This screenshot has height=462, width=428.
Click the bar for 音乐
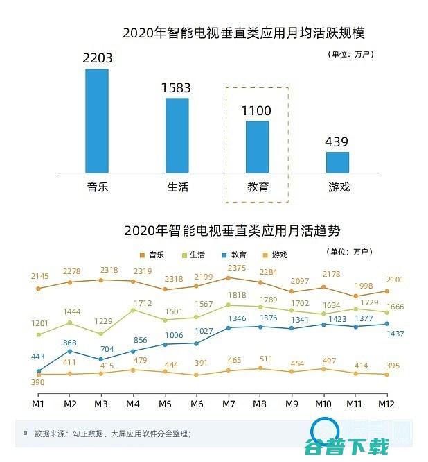tap(97, 120)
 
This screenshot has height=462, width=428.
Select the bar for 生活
tap(177, 135)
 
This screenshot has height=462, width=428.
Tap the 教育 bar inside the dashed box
tap(257, 146)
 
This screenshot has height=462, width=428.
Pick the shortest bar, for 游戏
tap(337, 162)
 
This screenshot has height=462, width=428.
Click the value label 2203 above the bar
tap(97, 58)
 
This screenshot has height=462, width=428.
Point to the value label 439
tap(337, 142)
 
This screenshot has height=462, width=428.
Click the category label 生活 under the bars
tap(177, 187)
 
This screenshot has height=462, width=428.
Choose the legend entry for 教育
tap(233, 255)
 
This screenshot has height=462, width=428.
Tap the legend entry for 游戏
tap(275, 255)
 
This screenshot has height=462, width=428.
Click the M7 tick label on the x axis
tap(228, 403)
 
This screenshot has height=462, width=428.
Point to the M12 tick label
tap(386, 403)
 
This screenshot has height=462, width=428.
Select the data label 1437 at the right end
tap(395, 334)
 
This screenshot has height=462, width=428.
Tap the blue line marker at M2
tap(70, 351)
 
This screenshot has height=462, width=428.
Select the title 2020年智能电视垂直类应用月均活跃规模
tap(244, 33)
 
